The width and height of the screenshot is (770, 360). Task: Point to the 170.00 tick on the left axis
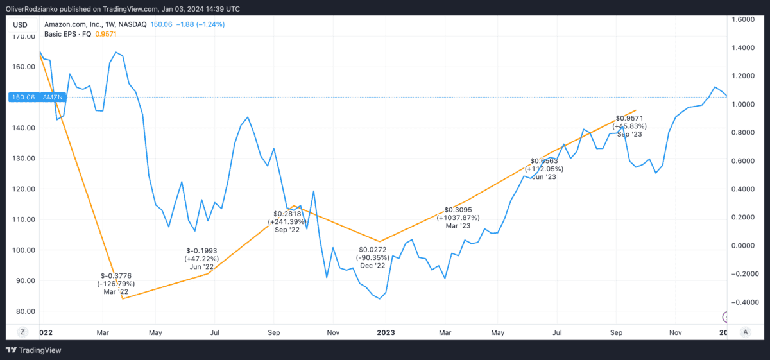(x=23, y=36)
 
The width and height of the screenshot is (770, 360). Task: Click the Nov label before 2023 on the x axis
(x=333, y=332)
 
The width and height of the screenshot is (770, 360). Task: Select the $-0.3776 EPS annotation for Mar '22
(x=116, y=275)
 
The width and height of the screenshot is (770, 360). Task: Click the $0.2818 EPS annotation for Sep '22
(x=286, y=214)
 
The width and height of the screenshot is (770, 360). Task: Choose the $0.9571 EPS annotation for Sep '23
(x=629, y=118)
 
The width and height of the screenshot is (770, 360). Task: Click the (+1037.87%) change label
(x=458, y=218)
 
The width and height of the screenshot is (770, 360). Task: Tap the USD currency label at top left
(x=21, y=24)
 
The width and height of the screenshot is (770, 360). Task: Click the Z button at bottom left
(x=22, y=332)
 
